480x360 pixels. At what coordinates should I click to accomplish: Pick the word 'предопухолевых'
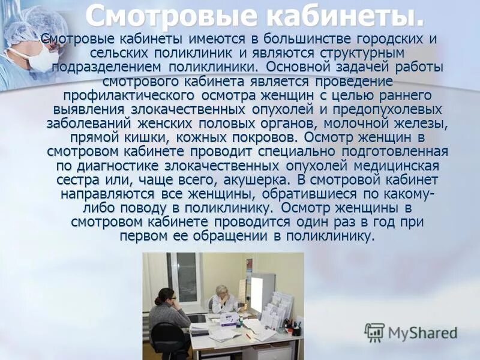pyautogui.click(x=390, y=110)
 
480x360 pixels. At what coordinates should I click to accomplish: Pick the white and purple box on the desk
pyautogui.click(x=229, y=320)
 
